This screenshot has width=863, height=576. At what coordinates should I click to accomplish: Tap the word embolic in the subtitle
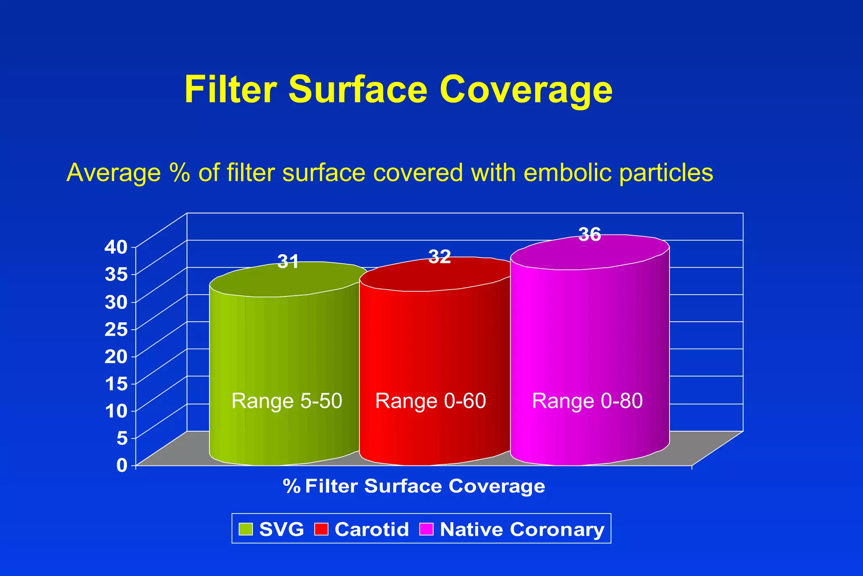569,172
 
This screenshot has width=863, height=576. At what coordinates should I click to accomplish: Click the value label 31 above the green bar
288,262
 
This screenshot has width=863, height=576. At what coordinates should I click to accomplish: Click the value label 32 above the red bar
440,256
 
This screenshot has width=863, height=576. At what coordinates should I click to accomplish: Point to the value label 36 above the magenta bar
590,234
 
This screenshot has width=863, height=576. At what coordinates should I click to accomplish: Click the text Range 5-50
287,401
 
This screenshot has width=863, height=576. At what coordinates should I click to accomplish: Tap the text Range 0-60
431,401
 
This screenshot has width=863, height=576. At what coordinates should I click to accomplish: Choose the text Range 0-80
587,401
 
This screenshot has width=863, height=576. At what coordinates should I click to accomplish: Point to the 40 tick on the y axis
116,247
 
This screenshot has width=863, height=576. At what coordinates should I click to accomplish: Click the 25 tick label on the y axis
116,329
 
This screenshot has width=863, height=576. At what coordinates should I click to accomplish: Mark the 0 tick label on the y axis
122,465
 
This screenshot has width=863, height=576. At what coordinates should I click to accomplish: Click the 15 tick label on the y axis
116,384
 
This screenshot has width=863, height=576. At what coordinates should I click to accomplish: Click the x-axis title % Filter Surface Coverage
414,486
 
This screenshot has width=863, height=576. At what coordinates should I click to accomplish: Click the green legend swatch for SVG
246,529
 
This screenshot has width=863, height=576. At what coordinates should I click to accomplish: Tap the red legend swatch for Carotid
321,529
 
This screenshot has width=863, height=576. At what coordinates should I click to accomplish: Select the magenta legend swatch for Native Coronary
426,529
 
